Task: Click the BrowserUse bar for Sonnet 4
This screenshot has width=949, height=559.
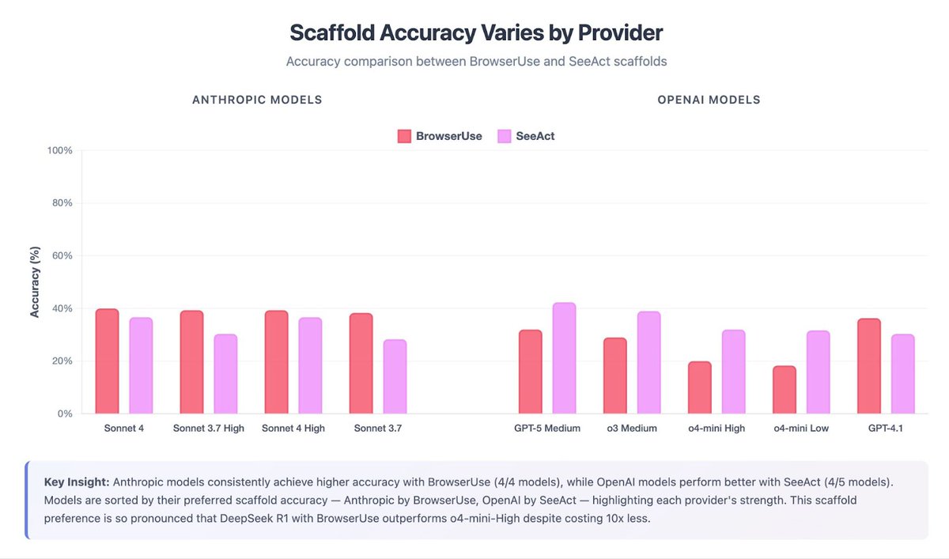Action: [x=107, y=361]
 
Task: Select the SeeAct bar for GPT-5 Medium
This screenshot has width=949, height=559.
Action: [x=564, y=358]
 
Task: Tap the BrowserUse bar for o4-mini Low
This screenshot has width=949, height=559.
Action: [x=785, y=390]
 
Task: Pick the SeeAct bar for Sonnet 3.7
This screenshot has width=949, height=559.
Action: [x=395, y=377]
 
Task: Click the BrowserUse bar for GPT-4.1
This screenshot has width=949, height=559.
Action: [x=869, y=366]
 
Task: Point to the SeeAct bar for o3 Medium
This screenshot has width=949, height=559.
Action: [x=648, y=362]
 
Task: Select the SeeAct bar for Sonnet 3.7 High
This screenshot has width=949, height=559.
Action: [x=225, y=374]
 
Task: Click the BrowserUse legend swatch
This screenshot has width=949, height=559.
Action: [x=404, y=136]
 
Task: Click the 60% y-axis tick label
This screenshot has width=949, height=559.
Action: [x=62, y=255]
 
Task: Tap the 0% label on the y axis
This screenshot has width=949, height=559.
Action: [x=66, y=414]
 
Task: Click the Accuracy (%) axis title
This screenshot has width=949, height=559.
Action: [x=35, y=281]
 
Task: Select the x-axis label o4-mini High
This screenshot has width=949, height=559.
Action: [x=716, y=429]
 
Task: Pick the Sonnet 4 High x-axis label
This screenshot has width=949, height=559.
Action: [x=293, y=429]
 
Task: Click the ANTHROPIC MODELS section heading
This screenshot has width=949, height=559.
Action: [x=257, y=100]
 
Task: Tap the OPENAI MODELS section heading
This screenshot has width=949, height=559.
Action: [x=709, y=100]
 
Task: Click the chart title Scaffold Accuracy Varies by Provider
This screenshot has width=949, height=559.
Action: [x=476, y=33]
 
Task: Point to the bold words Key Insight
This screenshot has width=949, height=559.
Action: [x=77, y=482]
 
